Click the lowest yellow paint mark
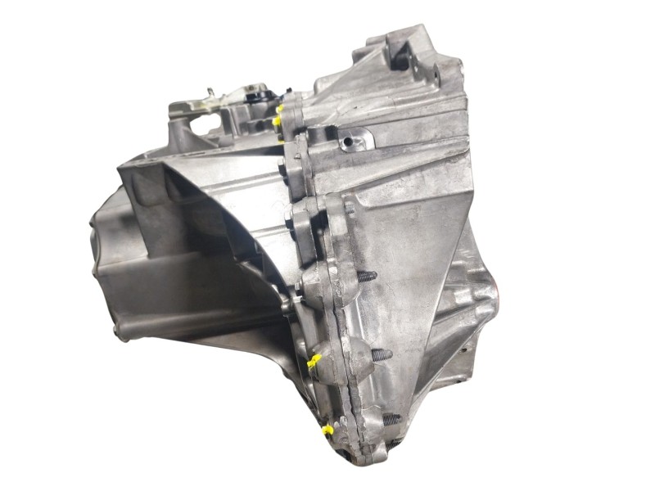pos(327,429)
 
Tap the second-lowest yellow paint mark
pos(314,360)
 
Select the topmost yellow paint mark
pos(280,107)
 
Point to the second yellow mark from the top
pos(278,122)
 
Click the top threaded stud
pos(367,277)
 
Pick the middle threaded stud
pos(381,355)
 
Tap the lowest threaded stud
pos(391,418)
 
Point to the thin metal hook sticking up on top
pos(210,92)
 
